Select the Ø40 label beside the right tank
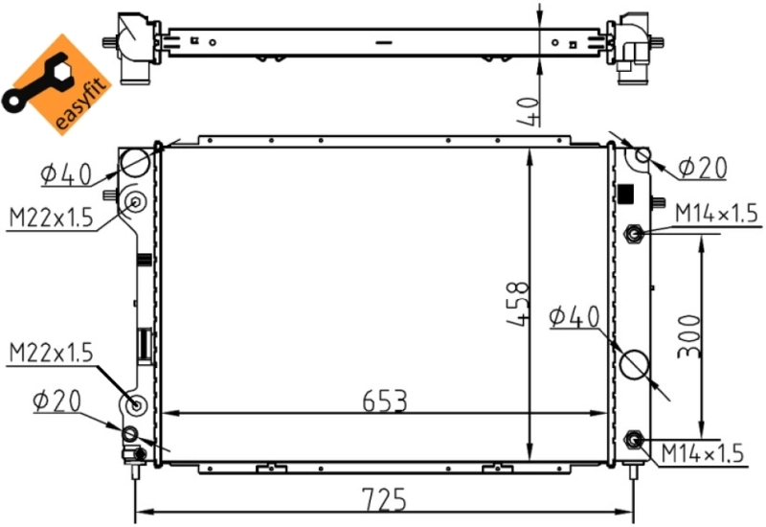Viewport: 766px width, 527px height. [574, 316]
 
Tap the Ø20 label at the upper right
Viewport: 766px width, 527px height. [702, 168]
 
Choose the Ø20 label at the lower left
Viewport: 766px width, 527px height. [56, 400]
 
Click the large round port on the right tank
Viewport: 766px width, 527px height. [636, 364]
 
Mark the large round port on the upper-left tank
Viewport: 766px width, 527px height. [135, 162]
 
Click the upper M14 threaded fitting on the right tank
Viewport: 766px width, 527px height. [633, 233]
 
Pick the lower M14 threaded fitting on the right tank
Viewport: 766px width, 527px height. [633, 440]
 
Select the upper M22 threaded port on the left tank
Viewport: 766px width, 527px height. [135, 202]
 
